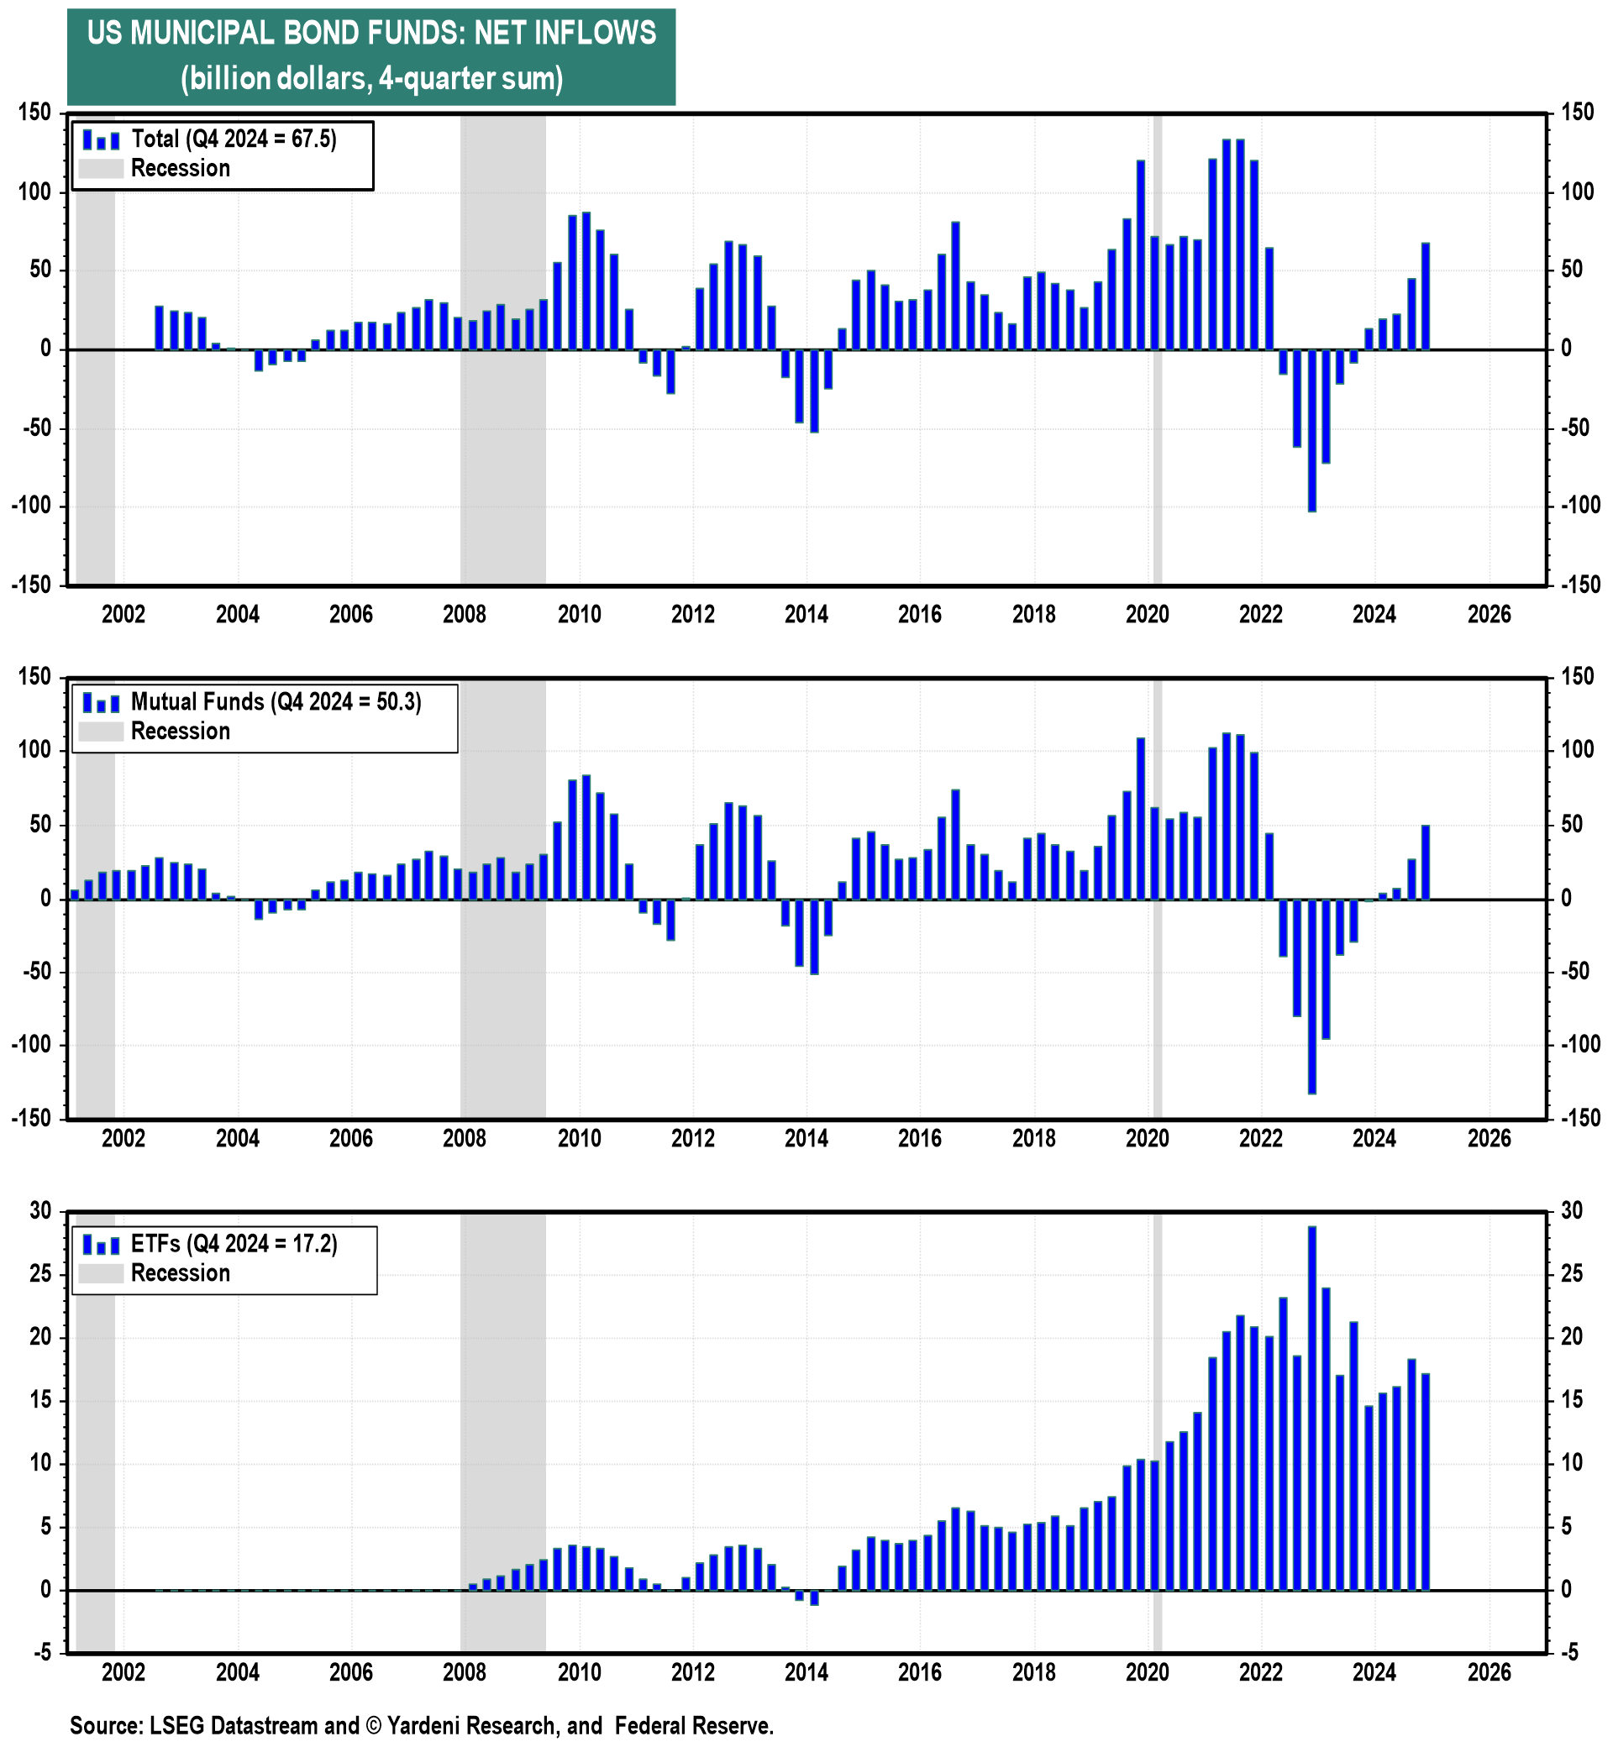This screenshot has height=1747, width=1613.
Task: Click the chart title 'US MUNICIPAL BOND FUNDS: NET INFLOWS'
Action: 371,33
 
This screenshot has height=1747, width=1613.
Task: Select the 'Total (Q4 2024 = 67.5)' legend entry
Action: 233,139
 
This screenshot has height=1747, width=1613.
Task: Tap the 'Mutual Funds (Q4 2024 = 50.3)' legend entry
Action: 275,701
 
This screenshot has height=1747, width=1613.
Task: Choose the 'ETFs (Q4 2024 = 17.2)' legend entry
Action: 233,1244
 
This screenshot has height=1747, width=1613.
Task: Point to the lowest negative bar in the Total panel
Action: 1311,430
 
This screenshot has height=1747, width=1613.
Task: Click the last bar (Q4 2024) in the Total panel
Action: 1425,296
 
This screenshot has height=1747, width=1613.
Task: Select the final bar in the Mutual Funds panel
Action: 1425,862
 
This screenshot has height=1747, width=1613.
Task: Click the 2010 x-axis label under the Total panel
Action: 579,614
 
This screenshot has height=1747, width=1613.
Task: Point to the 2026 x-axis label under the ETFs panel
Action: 1488,1672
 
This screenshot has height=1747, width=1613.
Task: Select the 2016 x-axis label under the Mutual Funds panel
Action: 919,1138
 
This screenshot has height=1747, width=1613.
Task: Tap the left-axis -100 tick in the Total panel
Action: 35,506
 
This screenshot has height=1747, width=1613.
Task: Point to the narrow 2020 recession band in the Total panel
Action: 1157,349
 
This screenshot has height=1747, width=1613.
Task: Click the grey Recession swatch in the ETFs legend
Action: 100,1273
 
